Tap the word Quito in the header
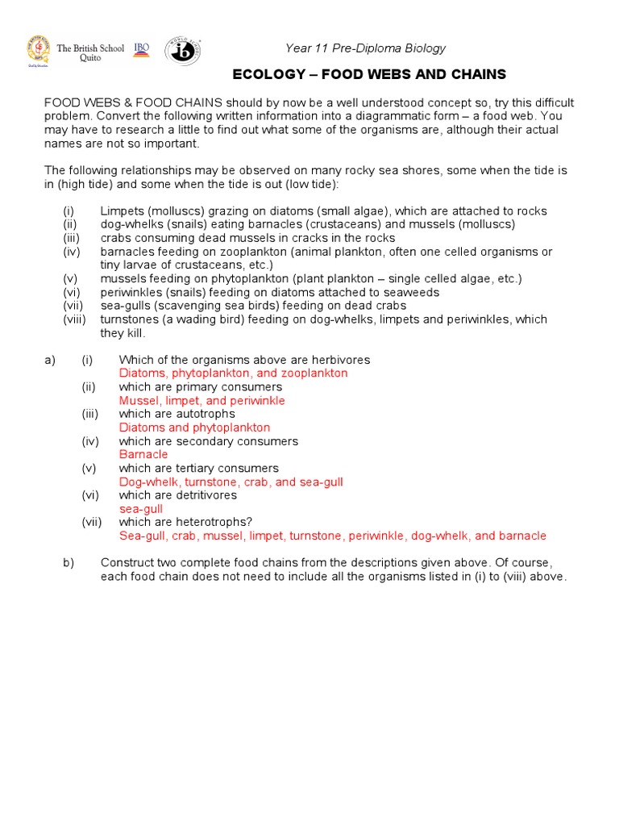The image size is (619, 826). [x=90, y=59]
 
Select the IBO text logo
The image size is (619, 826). [x=142, y=49]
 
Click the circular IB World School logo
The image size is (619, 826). [x=183, y=51]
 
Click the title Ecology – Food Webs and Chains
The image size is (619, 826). [x=369, y=74]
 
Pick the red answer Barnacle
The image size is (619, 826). [x=143, y=454]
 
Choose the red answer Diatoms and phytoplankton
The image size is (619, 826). [x=194, y=428]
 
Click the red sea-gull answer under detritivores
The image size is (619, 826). [x=141, y=509]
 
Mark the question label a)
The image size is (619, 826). [x=50, y=360]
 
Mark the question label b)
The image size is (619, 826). [x=69, y=562]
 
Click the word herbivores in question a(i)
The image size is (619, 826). [x=341, y=360]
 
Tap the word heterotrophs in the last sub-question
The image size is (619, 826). [x=219, y=522]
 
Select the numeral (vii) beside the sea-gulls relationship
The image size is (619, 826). [x=73, y=306]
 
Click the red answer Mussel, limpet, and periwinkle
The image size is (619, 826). [x=201, y=400]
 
